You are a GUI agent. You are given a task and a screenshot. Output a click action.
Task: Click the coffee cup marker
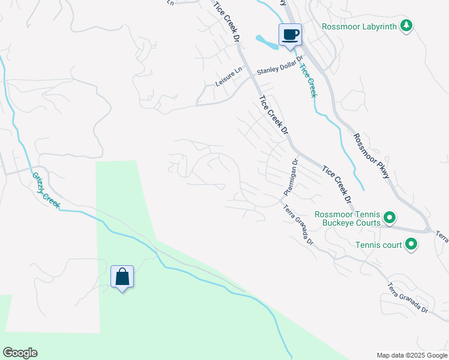(x=290, y=35)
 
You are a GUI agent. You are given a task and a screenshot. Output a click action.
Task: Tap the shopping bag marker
(x=122, y=277)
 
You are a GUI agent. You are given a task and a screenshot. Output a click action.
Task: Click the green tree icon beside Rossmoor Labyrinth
(x=407, y=25)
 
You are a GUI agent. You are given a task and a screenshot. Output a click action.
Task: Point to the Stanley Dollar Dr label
(x=280, y=71)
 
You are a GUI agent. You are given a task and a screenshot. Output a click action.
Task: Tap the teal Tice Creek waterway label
(x=309, y=80)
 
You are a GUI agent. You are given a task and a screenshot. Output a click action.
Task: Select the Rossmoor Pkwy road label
(x=372, y=155)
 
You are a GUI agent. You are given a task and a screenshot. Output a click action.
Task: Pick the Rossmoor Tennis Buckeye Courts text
(x=348, y=218)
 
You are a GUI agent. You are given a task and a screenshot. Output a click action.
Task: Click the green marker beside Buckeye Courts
(x=390, y=218)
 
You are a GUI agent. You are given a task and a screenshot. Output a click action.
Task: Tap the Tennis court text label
(x=378, y=244)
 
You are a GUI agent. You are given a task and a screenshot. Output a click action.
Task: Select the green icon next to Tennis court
(x=411, y=244)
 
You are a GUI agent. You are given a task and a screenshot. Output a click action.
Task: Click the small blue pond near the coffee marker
(x=265, y=41)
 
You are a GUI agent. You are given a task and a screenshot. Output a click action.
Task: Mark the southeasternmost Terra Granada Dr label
(x=408, y=298)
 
